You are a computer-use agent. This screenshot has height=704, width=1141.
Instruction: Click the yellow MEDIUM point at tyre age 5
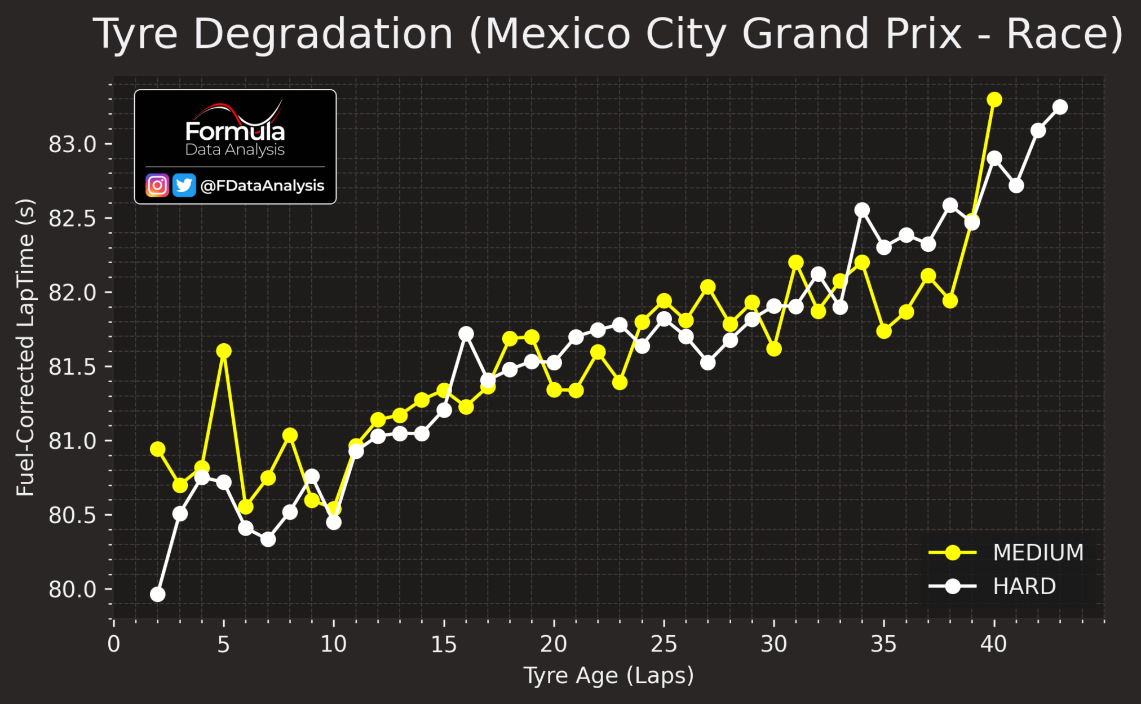224,351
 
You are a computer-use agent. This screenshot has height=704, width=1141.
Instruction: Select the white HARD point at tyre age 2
158,595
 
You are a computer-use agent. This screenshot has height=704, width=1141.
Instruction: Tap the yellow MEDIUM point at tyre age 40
994,100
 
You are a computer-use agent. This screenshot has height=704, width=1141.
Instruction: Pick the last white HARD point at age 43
1060,107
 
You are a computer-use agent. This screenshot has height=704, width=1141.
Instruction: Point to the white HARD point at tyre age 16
466,334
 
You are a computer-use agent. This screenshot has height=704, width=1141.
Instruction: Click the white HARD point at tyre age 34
862,210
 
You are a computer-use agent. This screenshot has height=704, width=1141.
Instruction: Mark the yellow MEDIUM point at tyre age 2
158,449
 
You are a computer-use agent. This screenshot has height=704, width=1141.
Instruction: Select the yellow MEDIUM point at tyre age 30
774,349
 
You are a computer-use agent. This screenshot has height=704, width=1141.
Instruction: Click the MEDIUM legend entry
1006,553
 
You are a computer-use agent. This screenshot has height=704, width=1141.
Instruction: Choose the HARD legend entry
992,587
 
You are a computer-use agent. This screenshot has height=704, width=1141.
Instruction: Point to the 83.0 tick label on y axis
73,145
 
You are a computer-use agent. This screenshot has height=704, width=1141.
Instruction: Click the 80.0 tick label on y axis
73,590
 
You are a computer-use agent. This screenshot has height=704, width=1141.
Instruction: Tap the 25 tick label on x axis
664,644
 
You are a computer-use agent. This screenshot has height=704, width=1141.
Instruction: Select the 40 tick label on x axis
993,644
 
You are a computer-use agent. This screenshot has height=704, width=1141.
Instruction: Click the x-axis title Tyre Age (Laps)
609,675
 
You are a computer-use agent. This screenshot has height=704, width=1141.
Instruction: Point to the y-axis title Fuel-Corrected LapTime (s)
25,347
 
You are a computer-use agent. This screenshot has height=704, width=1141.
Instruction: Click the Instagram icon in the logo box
157,185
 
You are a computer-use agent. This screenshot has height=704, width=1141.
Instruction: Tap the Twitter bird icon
184,185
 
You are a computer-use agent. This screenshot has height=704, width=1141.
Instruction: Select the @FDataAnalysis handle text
262,186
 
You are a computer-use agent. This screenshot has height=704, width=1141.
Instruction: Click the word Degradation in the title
323,35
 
